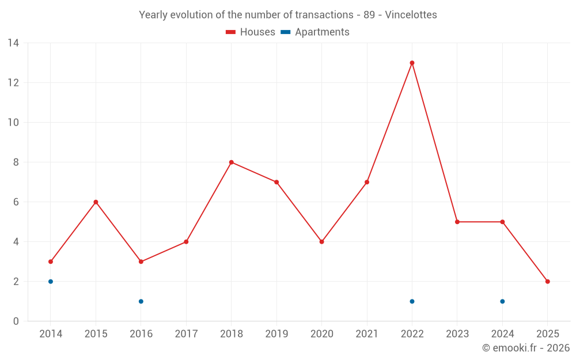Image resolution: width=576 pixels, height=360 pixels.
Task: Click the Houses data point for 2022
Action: (412, 63)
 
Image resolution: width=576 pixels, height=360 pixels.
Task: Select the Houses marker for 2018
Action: (231, 162)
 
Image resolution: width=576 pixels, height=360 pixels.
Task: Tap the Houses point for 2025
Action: (547, 282)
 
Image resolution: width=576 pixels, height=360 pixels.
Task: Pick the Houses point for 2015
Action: (96, 202)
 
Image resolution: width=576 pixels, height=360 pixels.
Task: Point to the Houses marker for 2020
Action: (321, 242)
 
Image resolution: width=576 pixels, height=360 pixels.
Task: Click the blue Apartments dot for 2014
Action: (51, 282)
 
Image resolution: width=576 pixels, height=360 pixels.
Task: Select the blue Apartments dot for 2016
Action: (141, 301)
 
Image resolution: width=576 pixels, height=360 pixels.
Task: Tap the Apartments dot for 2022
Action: (412, 301)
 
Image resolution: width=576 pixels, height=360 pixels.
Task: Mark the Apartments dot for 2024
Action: (502, 301)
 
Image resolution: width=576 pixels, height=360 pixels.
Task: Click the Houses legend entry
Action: (251, 32)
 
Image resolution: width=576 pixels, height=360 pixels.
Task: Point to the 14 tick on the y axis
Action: (13, 43)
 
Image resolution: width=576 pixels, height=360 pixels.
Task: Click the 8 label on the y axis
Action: (16, 162)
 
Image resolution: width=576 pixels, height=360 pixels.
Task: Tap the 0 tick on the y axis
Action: (16, 321)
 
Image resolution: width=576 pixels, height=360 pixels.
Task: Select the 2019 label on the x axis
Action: (276, 334)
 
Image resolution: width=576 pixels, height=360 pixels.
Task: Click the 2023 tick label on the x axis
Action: (457, 334)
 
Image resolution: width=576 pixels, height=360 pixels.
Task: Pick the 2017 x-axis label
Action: (186, 334)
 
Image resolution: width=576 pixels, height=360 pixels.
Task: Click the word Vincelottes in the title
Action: (411, 15)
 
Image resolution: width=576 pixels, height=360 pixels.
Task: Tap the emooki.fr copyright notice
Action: (525, 348)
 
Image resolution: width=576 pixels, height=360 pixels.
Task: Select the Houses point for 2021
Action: (367, 182)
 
